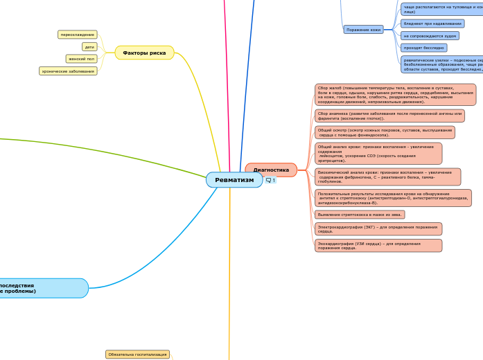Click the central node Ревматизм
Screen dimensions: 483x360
tap(234, 180)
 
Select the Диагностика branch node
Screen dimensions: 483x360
tap(271, 170)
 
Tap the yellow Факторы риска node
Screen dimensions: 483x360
tap(144, 53)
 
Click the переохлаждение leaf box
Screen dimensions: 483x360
tap(77, 34)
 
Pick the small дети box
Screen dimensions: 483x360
tap(89, 47)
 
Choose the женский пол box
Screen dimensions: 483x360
tap(82, 59)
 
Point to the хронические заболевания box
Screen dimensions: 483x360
tap(68, 71)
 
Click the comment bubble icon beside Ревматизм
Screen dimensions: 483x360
tap(268, 180)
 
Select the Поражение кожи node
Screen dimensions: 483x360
tap(364, 30)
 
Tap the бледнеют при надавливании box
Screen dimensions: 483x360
tap(432, 23)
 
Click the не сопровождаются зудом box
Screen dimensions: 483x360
tap(430, 35)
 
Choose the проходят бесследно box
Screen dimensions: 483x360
tap(423, 48)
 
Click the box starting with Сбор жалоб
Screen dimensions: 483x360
tap(395, 94)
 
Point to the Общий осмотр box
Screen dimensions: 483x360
tap(385, 132)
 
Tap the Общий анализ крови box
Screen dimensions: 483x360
tap(378, 153)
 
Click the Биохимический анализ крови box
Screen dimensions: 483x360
tap(387, 177)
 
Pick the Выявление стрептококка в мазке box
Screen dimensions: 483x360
tap(360, 215)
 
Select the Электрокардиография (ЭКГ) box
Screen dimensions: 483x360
tap(378, 228)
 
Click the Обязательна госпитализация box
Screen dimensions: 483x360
tap(137, 354)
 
